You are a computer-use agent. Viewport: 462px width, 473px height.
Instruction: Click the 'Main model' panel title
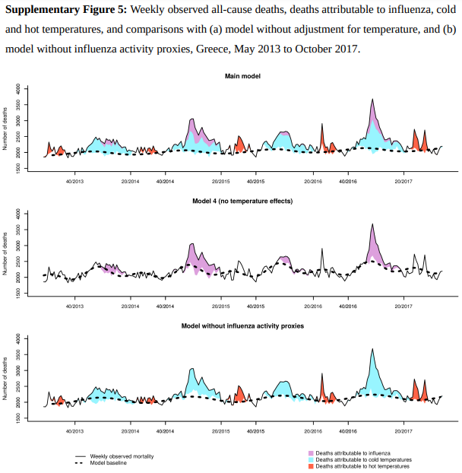[x=242, y=76]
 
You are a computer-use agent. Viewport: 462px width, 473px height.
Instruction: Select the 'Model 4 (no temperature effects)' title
[x=242, y=201]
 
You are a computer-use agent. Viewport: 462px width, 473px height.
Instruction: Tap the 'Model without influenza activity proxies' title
[x=242, y=325]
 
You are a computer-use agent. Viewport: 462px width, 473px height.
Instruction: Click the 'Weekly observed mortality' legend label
[x=122, y=456]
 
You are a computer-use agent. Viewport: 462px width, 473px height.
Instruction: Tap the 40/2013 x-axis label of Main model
[x=74, y=182]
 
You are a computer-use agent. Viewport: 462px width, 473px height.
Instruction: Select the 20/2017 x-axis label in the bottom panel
[x=403, y=430]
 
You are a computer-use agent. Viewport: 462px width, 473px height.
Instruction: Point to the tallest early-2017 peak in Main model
[x=372, y=99]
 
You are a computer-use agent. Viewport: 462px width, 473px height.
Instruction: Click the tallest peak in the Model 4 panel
[x=372, y=224]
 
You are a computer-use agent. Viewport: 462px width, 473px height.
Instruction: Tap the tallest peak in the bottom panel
[x=372, y=349]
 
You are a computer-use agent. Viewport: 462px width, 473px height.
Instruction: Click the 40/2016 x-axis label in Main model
[x=348, y=182]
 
